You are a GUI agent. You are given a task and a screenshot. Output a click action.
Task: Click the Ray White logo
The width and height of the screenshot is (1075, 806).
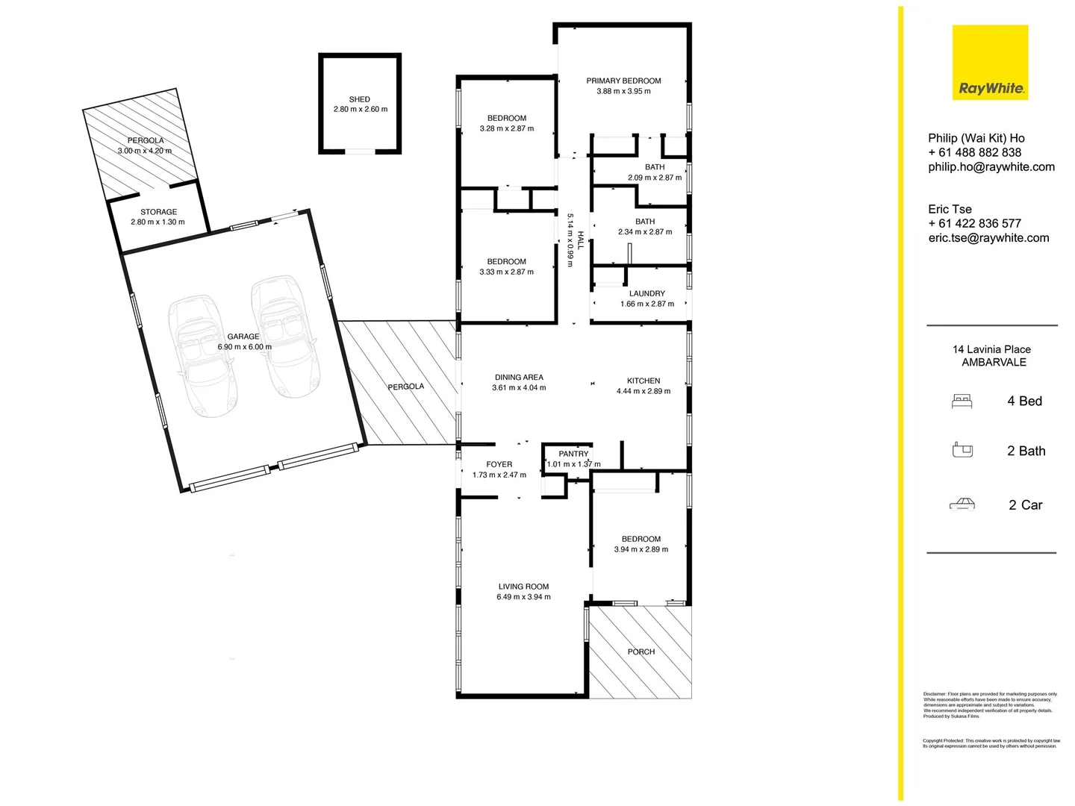click(990, 63)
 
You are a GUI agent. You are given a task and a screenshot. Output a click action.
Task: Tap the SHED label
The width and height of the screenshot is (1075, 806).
click(359, 99)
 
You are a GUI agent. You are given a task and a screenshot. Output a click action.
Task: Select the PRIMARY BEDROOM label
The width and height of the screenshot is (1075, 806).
click(623, 81)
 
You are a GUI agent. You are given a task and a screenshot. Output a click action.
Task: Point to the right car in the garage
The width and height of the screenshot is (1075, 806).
click(284, 336)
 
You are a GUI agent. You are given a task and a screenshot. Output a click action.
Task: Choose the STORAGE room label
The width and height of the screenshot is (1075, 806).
click(158, 212)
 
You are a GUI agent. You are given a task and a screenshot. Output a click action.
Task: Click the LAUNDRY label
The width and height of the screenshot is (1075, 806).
click(646, 293)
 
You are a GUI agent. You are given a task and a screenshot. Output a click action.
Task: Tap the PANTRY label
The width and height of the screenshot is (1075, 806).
click(573, 454)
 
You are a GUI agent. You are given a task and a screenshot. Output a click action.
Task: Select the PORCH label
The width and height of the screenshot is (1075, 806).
click(641, 652)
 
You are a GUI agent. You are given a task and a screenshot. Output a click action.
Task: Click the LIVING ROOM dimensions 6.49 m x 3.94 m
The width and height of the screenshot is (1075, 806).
click(523, 597)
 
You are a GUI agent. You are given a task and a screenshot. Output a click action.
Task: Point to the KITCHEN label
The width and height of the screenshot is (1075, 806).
click(643, 381)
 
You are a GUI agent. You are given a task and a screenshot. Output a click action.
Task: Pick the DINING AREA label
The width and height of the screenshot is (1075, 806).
click(519, 378)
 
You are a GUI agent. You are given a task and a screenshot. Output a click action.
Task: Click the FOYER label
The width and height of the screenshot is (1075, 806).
click(499, 464)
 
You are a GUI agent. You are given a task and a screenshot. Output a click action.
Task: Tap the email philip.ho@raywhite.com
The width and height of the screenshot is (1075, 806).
click(991, 167)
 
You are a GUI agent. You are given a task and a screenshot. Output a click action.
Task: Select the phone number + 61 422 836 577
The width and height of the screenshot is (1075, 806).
click(974, 223)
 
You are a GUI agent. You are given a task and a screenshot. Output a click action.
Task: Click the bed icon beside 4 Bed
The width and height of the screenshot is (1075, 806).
click(962, 402)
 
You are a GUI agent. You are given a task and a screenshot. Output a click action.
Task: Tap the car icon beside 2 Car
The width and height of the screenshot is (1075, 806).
click(962, 504)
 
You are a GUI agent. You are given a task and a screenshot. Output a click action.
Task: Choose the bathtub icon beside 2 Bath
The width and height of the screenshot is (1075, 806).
click(963, 450)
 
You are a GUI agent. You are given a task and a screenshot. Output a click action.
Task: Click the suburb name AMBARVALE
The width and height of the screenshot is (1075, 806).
click(994, 363)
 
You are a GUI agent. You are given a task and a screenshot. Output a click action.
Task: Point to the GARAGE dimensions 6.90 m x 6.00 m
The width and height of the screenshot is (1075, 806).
click(244, 347)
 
